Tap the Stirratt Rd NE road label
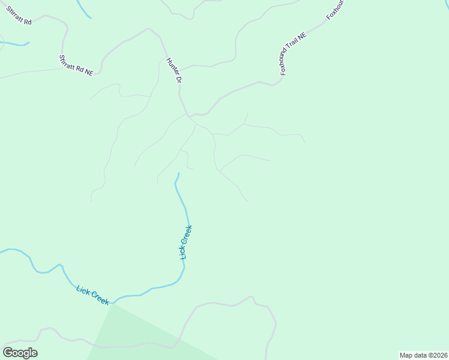pos(76,65)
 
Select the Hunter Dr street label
pos(173,69)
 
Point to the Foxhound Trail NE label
pos(294,53)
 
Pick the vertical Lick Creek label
pos(186,242)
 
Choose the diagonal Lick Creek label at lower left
pos(92,295)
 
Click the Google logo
pos(20,353)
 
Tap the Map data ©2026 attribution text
pos(423,355)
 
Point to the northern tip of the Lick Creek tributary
pos(178,173)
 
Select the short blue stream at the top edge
pos(83,8)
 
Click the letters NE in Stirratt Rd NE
pos(89,71)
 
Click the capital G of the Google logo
pos(8,353)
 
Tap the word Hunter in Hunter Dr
pos(171,64)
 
